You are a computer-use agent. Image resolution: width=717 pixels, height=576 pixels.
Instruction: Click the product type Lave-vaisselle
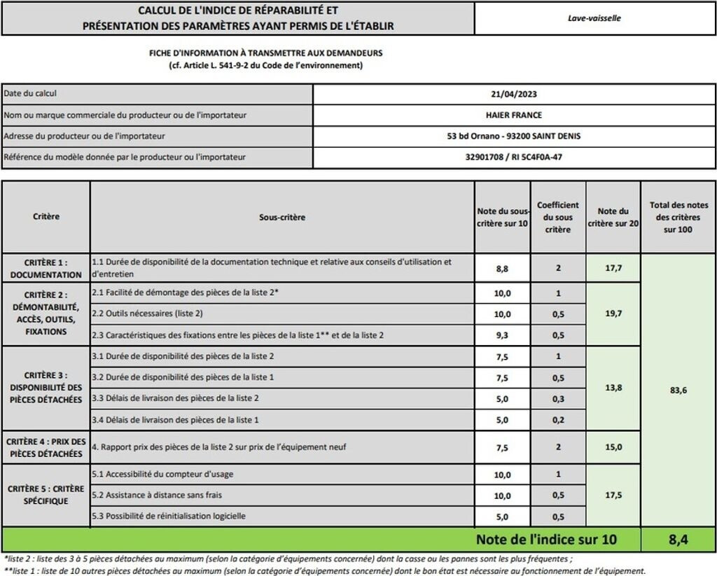(x=594, y=18)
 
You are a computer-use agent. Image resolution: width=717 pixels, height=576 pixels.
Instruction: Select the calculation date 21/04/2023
(x=514, y=94)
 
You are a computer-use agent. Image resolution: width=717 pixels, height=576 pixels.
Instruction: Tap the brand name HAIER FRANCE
(x=514, y=115)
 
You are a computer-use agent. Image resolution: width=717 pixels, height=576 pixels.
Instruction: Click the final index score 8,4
(x=678, y=539)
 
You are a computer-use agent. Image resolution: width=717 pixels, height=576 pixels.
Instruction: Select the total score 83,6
(x=678, y=390)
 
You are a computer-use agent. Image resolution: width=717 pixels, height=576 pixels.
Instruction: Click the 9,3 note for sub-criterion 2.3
(x=502, y=335)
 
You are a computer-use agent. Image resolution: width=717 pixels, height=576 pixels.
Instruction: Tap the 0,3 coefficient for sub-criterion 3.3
(x=558, y=398)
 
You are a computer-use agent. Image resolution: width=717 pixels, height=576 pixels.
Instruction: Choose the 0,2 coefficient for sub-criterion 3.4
(x=558, y=420)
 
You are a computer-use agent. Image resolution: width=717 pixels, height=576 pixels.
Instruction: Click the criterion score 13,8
(x=613, y=387)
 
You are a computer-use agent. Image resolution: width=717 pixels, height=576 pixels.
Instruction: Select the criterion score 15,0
(x=613, y=447)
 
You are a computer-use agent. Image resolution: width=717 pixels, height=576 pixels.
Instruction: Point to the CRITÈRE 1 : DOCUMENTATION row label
(x=46, y=269)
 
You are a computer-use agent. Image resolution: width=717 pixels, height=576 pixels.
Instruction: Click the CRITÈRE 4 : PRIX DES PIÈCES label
(x=46, y=447)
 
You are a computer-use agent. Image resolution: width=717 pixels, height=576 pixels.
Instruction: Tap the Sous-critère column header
(x=282, y=217)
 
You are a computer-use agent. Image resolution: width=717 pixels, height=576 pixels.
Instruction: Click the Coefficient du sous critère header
(x=558, y=217)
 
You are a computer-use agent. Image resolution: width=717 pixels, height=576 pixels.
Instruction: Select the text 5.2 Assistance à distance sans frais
(x=157, y=495)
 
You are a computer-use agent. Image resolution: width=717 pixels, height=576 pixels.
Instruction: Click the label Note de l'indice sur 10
(x=546, y=539)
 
